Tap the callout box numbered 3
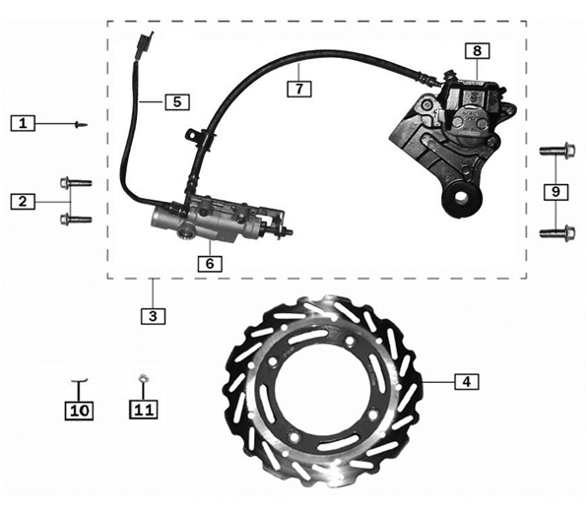pos(152,316)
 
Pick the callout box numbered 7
pos(300,87)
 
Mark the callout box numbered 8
pos(478,50)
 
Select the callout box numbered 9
pos(556,191)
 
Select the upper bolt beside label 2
pos(75,182)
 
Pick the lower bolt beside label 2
pos(75,219)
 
